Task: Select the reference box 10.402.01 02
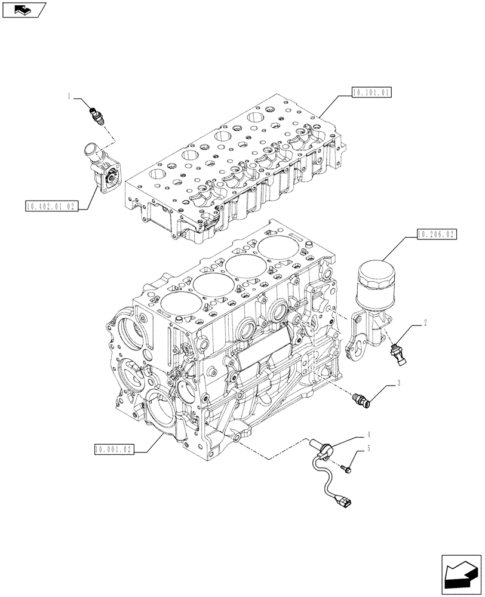click(52, 207)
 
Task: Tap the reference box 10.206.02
click(434, 235)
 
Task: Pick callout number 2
click(425, 323)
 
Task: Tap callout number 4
click(369, 435)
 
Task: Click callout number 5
click(369, 448)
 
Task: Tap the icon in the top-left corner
click(23, 10)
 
